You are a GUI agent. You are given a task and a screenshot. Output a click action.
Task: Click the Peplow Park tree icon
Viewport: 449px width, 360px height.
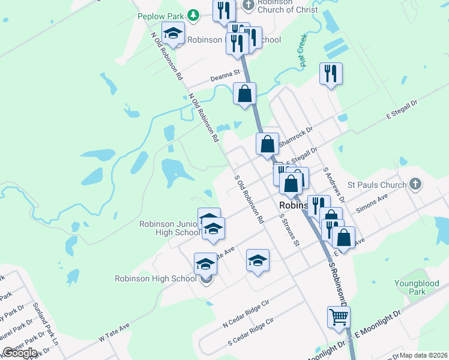(x=193, y=14)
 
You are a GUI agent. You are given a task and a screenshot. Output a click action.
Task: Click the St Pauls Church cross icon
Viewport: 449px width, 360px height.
(x=415, y=184)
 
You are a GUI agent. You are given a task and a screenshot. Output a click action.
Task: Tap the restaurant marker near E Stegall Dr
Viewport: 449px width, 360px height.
(x=331, y=74)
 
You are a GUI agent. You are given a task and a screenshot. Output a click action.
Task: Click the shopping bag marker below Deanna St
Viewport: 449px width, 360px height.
(x=244, y=94)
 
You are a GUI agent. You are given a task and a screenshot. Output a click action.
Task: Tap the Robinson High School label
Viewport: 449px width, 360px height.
(x=155, y=278)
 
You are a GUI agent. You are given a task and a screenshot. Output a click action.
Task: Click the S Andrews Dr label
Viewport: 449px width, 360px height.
(x=334, y=184)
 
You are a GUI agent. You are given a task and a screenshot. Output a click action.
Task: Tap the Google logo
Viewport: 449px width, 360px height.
(x=20, y=353)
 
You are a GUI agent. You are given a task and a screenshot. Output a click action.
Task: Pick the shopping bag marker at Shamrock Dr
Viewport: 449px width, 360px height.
(x=268, y=144)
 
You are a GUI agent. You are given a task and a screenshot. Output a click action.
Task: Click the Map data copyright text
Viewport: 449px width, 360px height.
(x=423, y=355)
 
